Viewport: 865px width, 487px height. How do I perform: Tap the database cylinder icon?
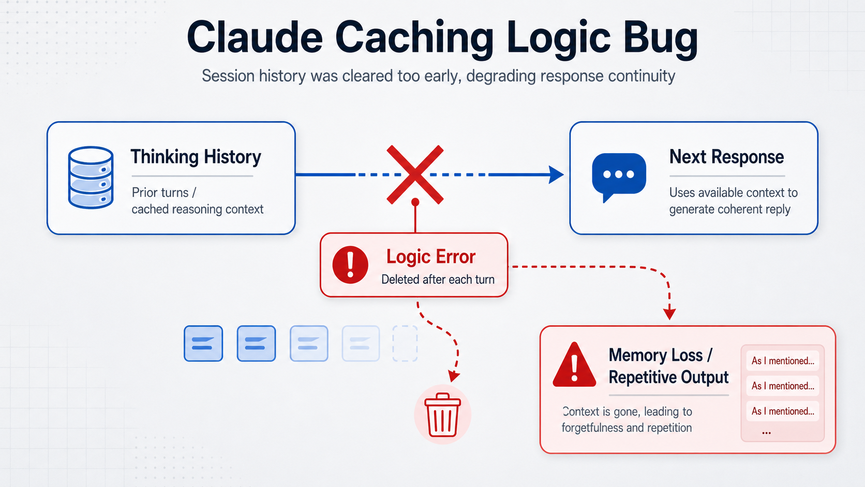[91, 177]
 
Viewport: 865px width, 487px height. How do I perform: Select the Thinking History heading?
[196, 157]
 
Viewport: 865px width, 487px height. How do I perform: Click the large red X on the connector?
[415, 174]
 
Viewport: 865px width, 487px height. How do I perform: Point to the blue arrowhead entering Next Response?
[557, 174]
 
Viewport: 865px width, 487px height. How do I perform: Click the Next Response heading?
[726, 157]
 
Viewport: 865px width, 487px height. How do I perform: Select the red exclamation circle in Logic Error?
[350, 264]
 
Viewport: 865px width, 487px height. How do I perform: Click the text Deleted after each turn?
[438, 279]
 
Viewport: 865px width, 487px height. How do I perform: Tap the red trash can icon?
[442, 415]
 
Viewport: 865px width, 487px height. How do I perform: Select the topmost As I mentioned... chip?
[782, 361]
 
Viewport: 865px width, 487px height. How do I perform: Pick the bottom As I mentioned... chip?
[782, 411]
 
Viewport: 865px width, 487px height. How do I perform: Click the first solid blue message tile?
[203, 343]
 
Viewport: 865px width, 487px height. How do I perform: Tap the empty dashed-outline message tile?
[405, 343]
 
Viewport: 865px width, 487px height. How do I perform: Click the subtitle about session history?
[438, 76]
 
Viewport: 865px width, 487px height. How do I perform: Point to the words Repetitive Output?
[668, 377]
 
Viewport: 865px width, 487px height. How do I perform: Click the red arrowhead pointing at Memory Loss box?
[669, 314]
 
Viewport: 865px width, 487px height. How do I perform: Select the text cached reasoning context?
[197, 209]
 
